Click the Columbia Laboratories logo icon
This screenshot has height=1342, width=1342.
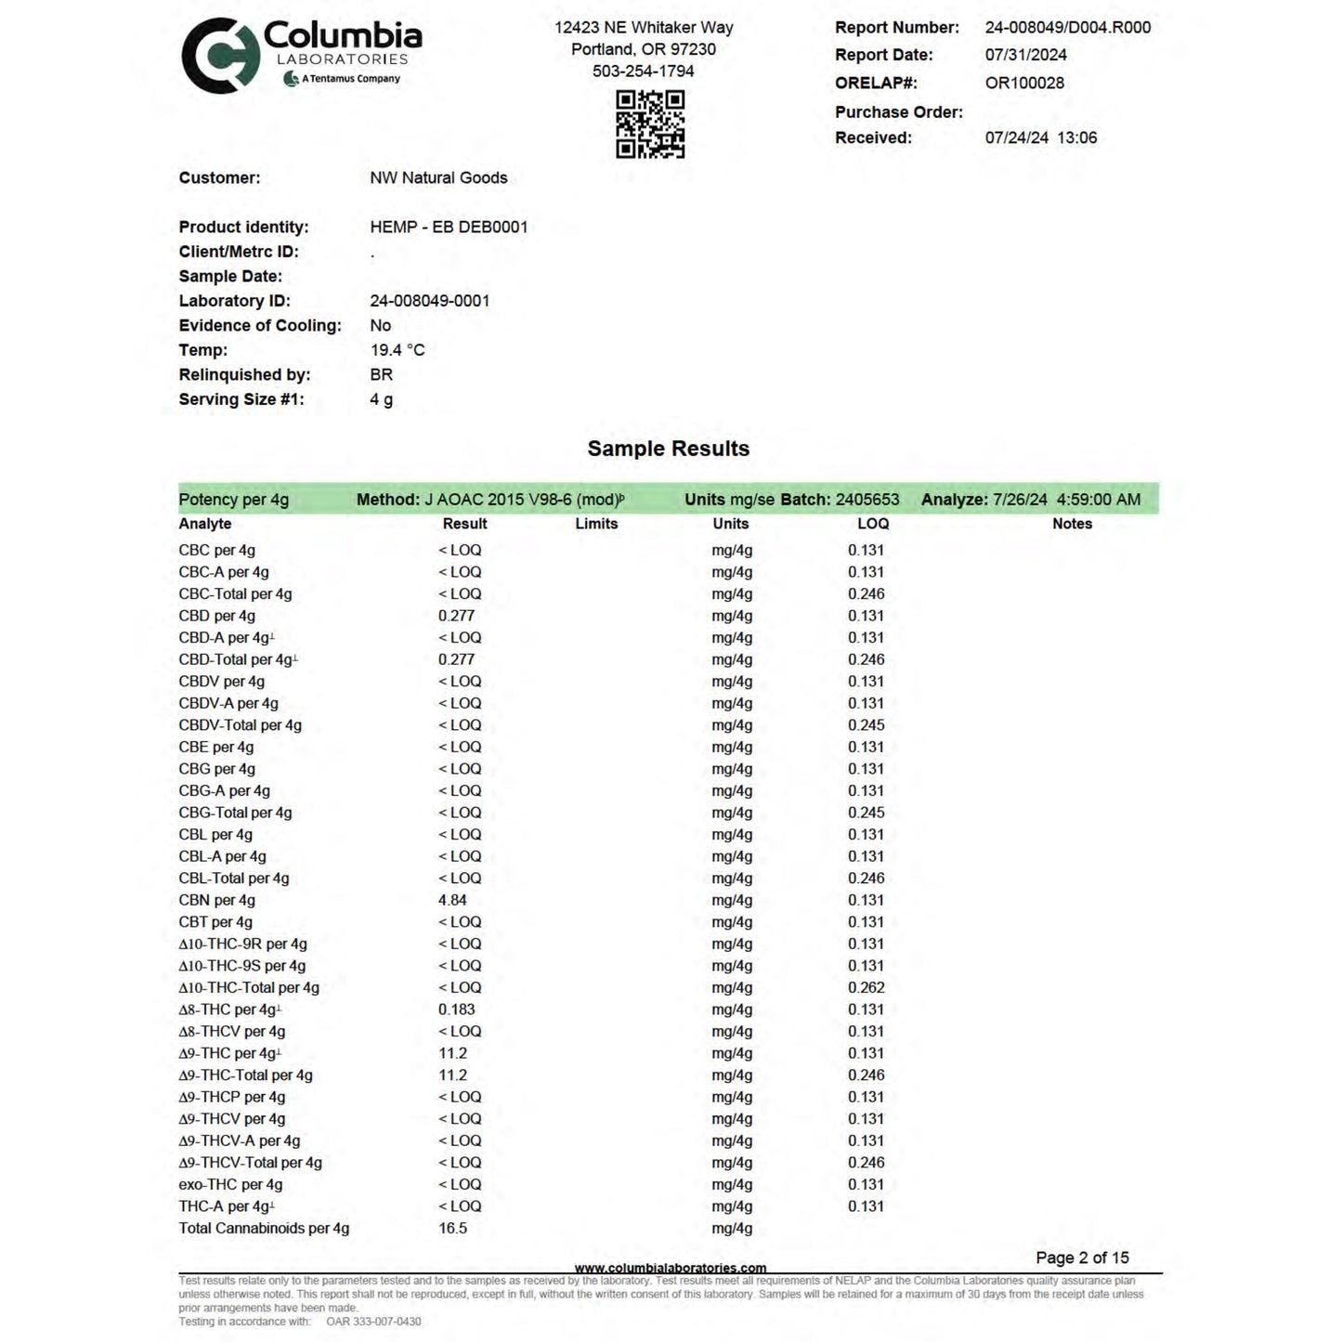[x=219, y=56]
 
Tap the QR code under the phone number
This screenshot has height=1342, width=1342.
[x=650, y=124]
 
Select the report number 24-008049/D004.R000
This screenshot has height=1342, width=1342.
[x=1067, y=28]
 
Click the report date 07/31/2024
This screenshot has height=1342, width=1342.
[x=1025, y=55]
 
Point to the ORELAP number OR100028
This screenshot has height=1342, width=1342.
[x=1024, y=83]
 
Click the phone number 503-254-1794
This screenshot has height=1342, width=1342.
[x=643, y=71]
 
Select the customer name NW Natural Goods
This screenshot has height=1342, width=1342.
[x=438, y=177]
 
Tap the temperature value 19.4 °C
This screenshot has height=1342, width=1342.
[x=397, y=350]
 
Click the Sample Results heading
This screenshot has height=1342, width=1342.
[x=668, y=449]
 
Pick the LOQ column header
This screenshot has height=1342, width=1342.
[x=873, y=524]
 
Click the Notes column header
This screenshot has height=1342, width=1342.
[x=1072, y=524]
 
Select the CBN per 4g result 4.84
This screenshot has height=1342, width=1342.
[x=452, y=900]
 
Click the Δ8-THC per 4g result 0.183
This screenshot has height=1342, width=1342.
[x=456, y=1010]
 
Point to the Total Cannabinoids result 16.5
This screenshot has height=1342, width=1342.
[x=452, y=1228]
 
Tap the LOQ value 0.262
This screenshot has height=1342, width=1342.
[x=866, y=987]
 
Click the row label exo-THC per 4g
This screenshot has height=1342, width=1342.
[x=230, y=1184]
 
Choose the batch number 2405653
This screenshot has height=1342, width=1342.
[x=867, y=500]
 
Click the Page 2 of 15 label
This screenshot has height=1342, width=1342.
[x=1082, y=1257]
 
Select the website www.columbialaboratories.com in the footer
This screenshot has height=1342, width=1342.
[x=671, y=1268]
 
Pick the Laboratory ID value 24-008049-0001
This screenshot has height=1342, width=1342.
[x=429, y=301]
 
